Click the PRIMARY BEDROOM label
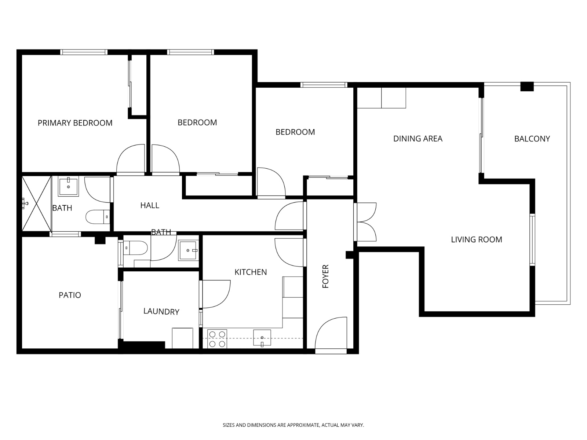pyautogui.click(x=75, y=123)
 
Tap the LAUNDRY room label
pyautogui.click(x=161, y=311)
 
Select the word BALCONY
pyautogui.click(x=532, y=139)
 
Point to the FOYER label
pyautogui.click(x=325, y=276)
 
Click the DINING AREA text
pyautogui.click(x=418, y=139)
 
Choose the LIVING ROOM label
pyautogui.click(x=476, y=239)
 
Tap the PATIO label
pyautogui.click(x=70, y=295)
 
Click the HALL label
pyautogui.click(x=150, y=205)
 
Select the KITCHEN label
pyautogui.click(x=251, y=272)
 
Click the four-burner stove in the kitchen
pyautogui.click(x=217, y=339)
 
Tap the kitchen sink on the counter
pyautogui.click(x=262, y=338)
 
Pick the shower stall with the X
pyautogui.click(x=36, y=203)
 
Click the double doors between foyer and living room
pyautogui.click(x=366, y=222)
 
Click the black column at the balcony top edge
pyautogui.click(x=527, y=86)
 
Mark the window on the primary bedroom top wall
pyautogui.click(x=84, y=52)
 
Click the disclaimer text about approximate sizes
pyautogui.click(x=293, y=425)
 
